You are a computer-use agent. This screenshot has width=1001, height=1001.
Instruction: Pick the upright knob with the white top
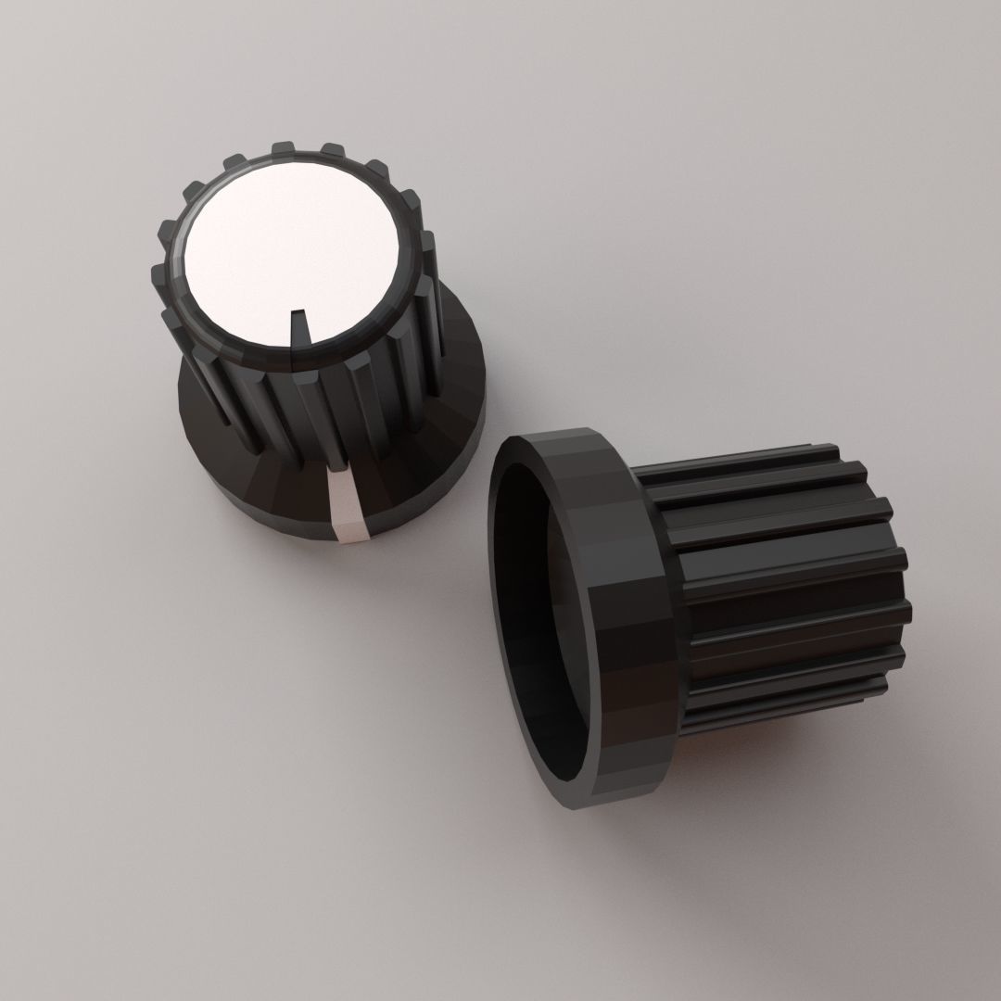pyautogui.click(x=306, y=352)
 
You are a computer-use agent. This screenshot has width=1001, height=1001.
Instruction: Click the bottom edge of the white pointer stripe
pyautogui.click(x=352, y=536)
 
